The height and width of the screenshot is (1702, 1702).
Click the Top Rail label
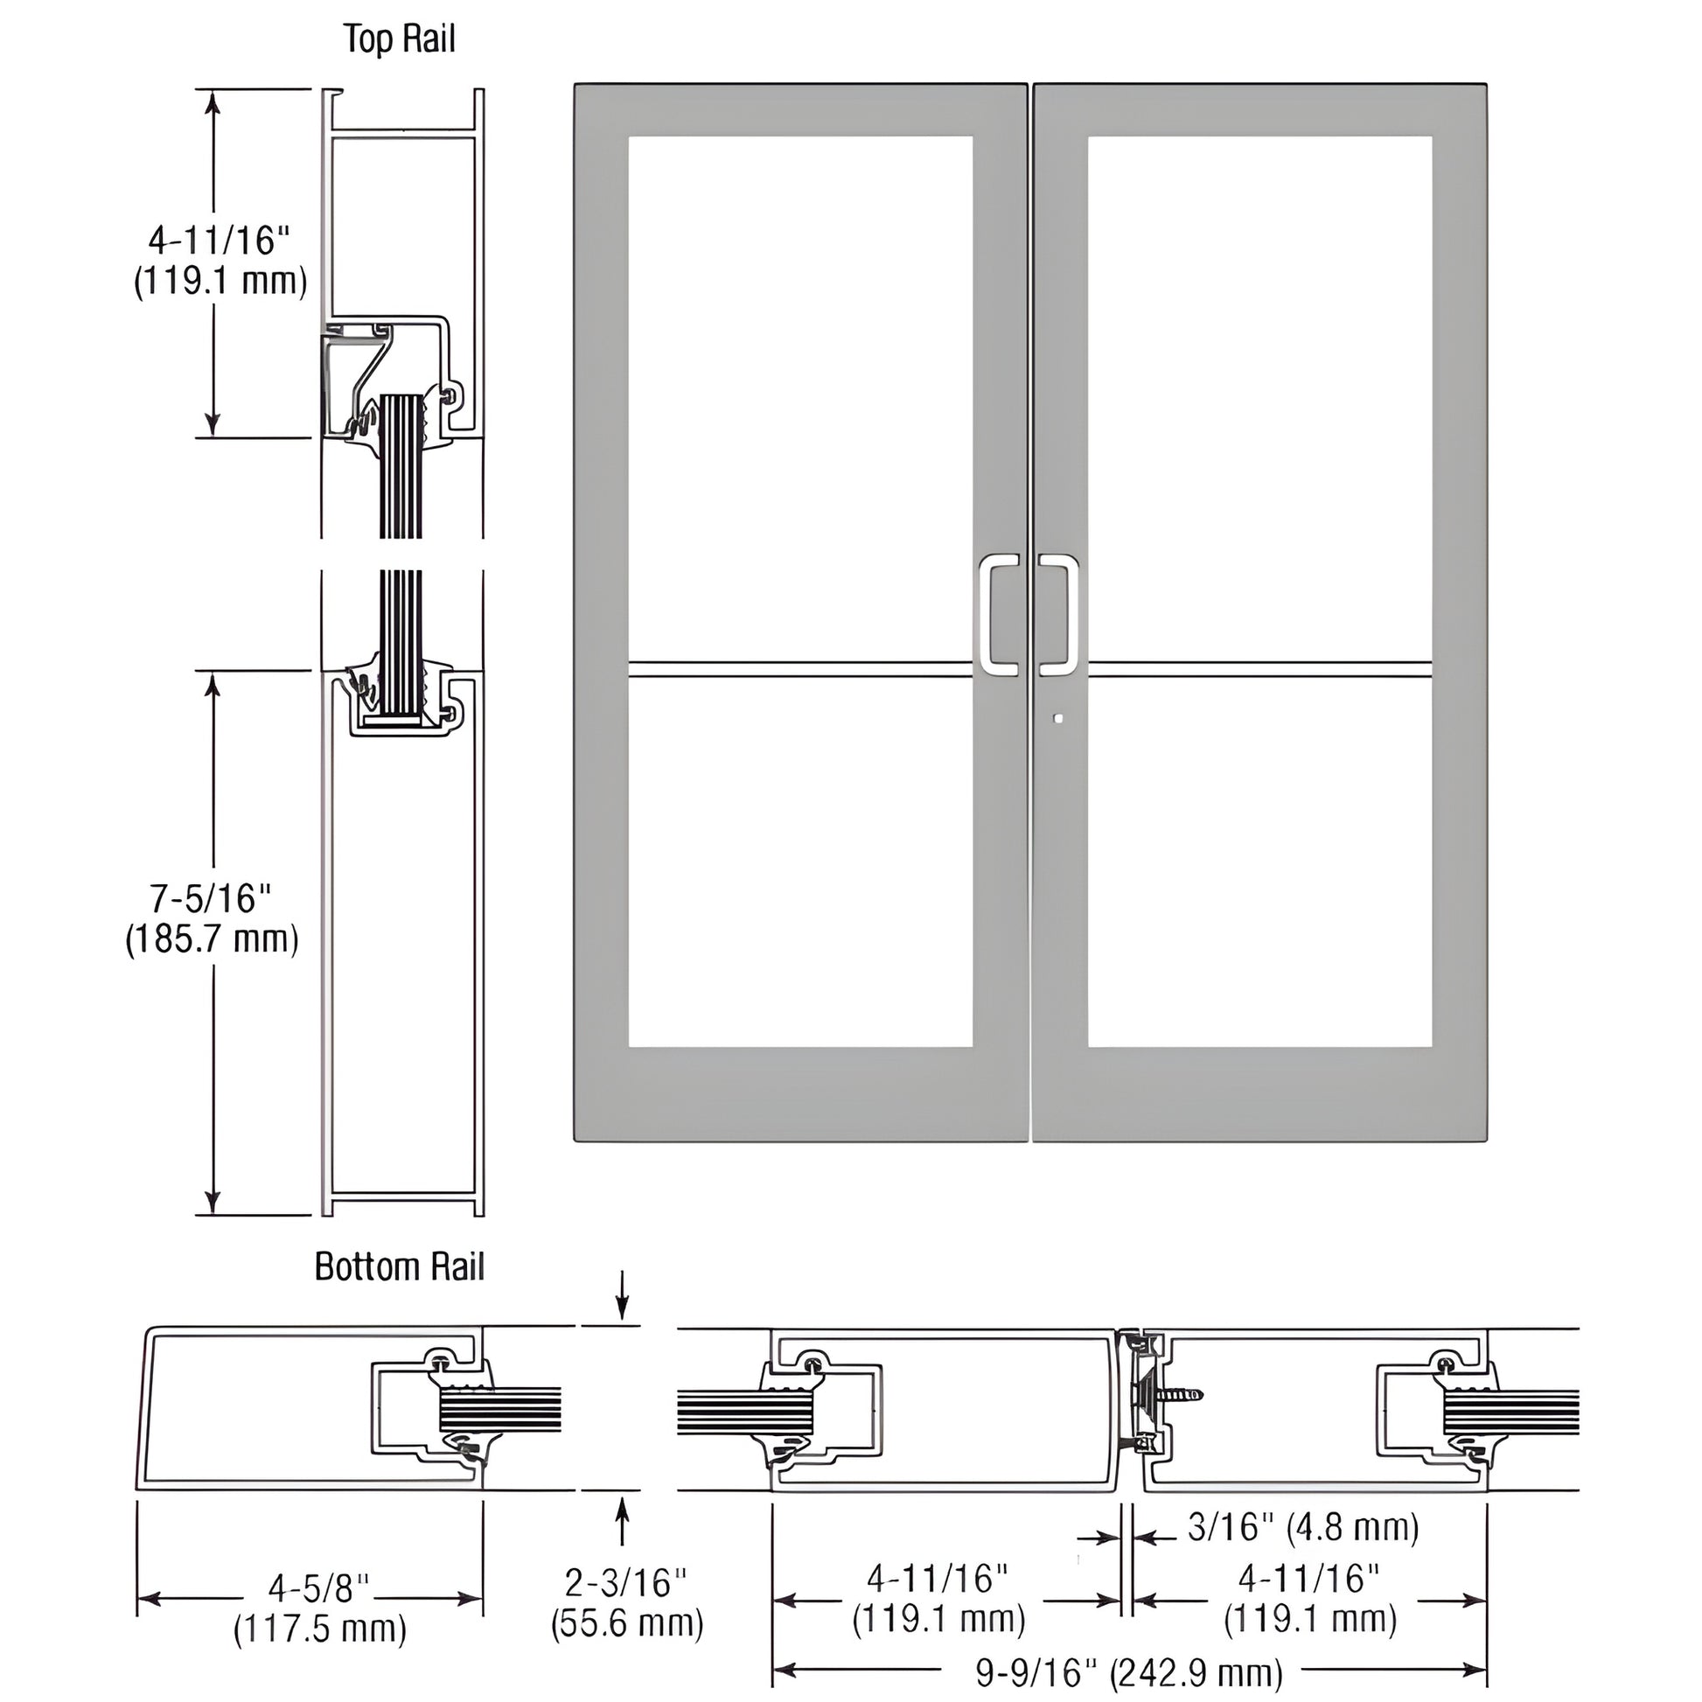tap(399, 39)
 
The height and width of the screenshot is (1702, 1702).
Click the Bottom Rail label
tap(399, 1266)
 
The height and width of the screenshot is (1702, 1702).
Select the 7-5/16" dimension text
tap(212, 898)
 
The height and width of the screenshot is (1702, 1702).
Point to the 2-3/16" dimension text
tap(625, 1583)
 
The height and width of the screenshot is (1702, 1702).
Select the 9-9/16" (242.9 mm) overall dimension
tap(1129, 1671)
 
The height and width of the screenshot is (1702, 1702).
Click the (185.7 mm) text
tap(212, 939)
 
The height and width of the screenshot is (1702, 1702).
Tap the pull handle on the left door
tap(998, 615)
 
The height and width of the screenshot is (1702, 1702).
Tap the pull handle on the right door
tap(1060, 615)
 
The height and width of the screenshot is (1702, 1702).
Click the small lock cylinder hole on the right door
tap(1059, 719)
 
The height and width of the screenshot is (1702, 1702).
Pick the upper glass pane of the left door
tap(800, 396)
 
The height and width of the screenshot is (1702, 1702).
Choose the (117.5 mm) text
tap(320, 1629)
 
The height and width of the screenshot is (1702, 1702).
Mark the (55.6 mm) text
tap(627, 1622)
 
